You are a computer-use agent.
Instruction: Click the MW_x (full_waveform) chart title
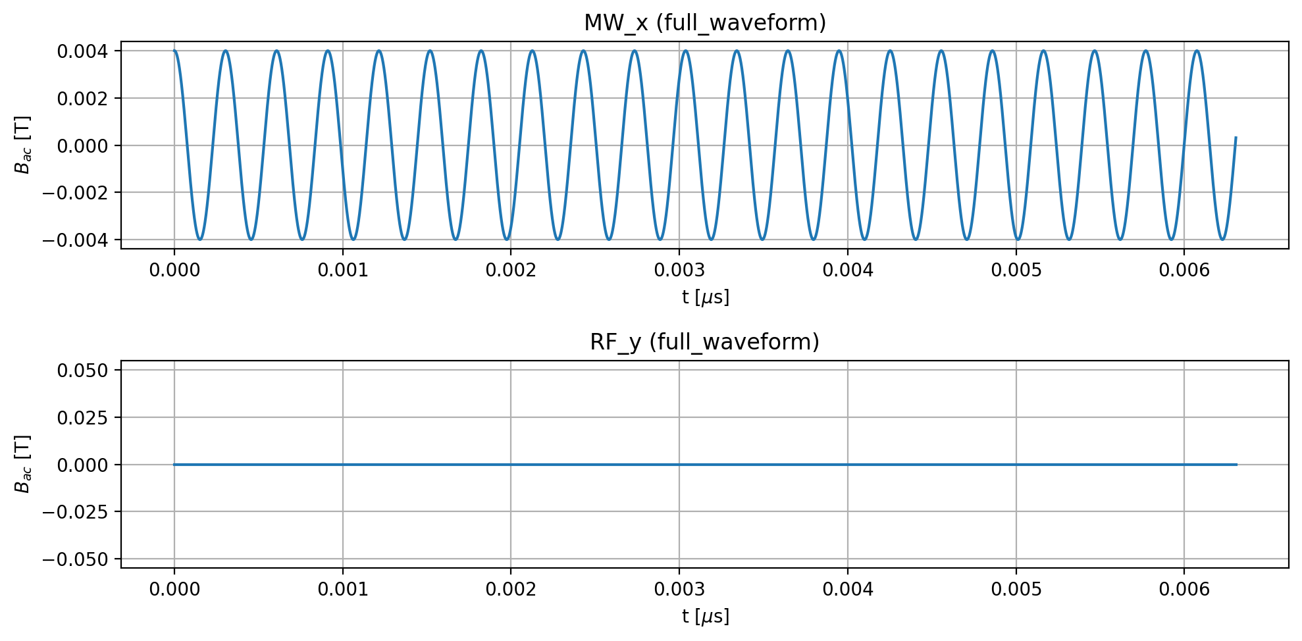(704, 23)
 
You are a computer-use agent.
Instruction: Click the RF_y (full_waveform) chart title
(704, 342)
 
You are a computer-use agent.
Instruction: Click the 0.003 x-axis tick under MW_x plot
(679, 270)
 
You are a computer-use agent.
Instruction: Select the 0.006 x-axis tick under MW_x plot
(1184, 270)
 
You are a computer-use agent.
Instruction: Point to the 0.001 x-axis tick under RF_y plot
(343, 589)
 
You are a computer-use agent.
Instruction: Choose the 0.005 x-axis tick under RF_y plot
(1016, 589)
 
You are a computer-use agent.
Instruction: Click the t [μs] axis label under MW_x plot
(705, 297)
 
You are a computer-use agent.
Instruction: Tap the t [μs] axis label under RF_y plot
(705, 617)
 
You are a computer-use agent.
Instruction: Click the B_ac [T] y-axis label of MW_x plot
(23, 145)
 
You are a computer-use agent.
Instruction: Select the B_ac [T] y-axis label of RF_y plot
(23, 464)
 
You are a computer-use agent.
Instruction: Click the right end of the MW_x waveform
(1236, 138)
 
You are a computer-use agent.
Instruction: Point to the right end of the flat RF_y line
(1236, 465)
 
